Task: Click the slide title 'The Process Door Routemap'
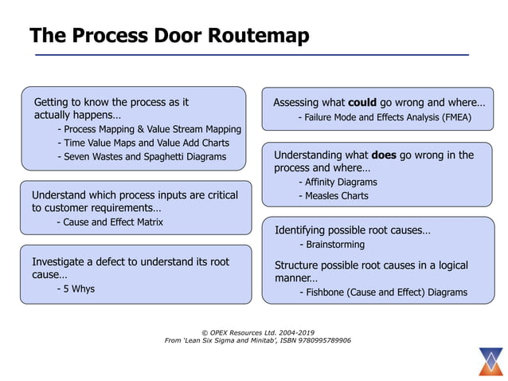[x=169, y=36]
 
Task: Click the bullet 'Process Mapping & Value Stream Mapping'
[x=149, y=129]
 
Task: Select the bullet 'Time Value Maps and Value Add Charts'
[x=143, y=143]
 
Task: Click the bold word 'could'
[x=362, y=103]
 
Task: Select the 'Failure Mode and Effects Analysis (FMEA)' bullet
[x=385, y=117]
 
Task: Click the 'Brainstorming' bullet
[x=331, y=245]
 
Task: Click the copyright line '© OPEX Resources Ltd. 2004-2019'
[x=256, y=332]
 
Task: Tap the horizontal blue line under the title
[x=252, y=54]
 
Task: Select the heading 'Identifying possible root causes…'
[x=352, y=230]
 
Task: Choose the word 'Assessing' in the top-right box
[x=298, y=103]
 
